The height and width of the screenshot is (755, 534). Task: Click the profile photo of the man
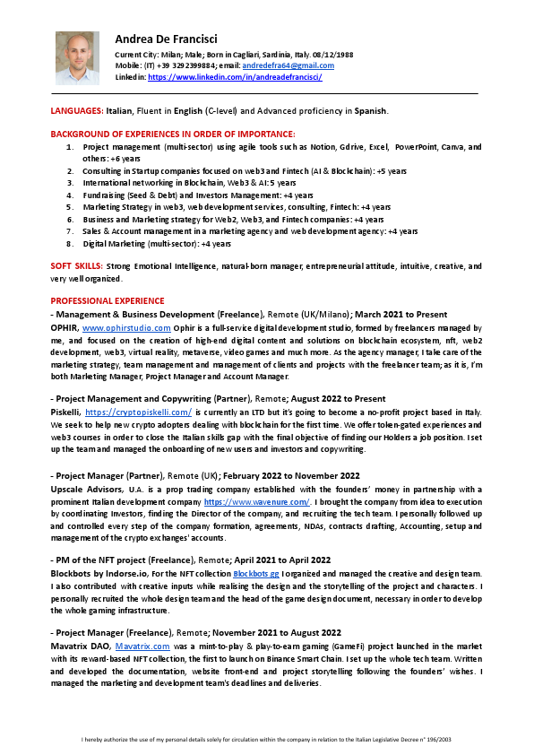77,58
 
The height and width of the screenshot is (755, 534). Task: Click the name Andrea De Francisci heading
166,39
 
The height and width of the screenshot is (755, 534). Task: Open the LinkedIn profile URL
235,78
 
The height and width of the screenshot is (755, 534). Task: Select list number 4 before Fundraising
71,195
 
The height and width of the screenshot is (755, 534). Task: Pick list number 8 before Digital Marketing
71,243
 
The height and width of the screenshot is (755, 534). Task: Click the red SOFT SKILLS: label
76,266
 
